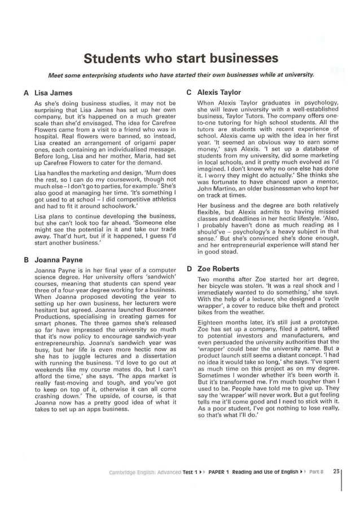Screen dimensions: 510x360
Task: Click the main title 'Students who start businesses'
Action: [181, 59]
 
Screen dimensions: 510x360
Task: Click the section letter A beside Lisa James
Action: [26, 93]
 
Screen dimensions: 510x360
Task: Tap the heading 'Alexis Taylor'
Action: [219, 92]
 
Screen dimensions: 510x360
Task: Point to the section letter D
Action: [189, 269]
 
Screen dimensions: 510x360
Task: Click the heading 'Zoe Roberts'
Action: [218, 269]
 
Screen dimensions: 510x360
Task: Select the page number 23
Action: [336, 472]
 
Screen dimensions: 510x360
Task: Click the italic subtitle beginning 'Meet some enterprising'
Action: [181, 75]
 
